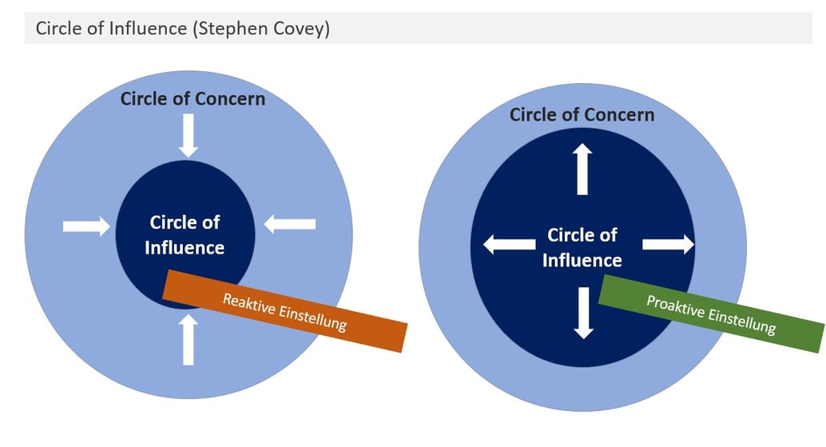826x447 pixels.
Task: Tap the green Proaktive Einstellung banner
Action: point(710,313)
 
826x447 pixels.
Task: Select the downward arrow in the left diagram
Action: point(189,134)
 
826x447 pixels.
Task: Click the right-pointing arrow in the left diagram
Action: point(86,227)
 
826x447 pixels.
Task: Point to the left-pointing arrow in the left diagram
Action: point(289,225)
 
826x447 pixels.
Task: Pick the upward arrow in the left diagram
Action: point(189,339)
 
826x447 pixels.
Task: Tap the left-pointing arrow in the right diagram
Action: point(509,245)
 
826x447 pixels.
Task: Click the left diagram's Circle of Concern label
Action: point(193,99)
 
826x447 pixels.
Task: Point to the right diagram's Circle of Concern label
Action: point(582,115)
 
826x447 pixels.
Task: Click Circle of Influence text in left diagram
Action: point(185,235)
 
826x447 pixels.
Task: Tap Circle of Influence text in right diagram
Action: point(582,247)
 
